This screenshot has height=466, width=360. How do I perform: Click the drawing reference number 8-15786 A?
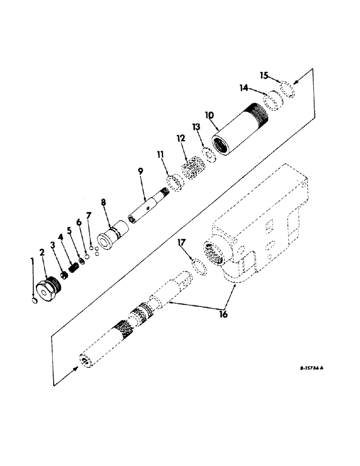[312, 368]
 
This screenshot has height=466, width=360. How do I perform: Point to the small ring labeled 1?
[33, 302]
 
